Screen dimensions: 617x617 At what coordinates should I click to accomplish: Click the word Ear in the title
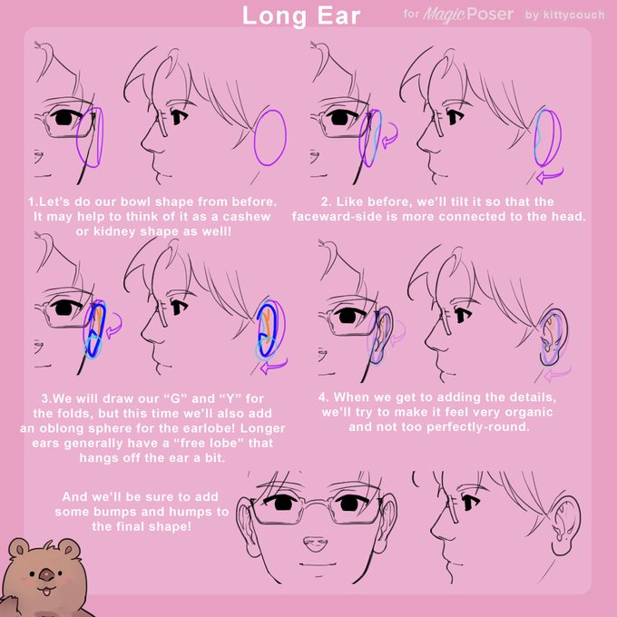pyautogui.click(x=338, y=16)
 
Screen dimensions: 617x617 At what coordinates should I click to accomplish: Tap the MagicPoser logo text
pyautogui.click(x=468, y=15)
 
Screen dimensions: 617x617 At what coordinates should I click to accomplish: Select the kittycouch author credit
pyautogui.click(x=573, y=15)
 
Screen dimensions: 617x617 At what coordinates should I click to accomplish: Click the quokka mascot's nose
pyautogui.click(x=47, y=576)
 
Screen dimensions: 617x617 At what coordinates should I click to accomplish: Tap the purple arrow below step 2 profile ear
pyautogui.click(x=549, y=176)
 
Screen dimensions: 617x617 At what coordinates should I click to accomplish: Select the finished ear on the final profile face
pyautogui.click(x=565, y=524)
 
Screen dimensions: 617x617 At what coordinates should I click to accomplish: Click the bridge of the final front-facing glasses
pyautogui.click(x=316, y=502)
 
